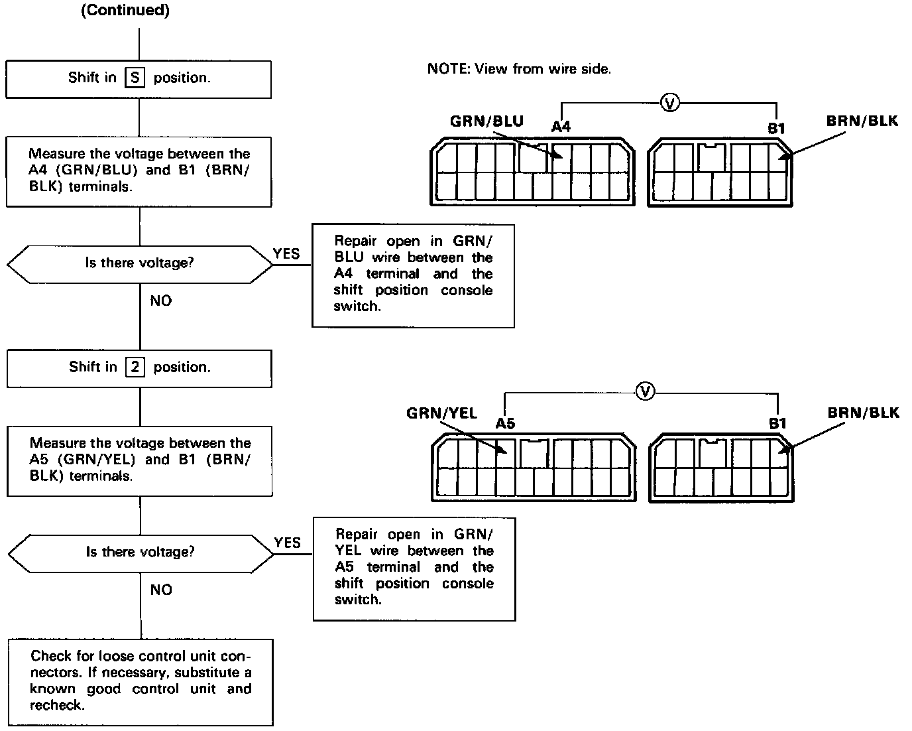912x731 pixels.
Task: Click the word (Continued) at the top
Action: (x=125, y=11)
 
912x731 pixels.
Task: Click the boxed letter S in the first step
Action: (x=135, y=78)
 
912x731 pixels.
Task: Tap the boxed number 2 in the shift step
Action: (x=135, y=367)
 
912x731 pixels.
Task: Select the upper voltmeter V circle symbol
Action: (x=670, y=103)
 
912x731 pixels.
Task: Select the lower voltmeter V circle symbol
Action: (x=644, y=392)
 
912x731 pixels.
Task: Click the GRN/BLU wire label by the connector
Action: (x=486, y=121)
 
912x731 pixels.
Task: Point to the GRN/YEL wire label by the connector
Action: (x=441, y=413)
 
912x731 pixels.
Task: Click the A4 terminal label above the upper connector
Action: (x=561, y=126)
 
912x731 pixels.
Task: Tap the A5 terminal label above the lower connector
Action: (x=505, y=423)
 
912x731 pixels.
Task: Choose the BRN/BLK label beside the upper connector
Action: (x=862, y=121)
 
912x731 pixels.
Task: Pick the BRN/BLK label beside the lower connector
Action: (x=863, y=413)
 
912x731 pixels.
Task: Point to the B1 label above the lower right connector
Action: (x=777, y=423)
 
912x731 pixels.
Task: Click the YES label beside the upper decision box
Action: (x=286, y=253)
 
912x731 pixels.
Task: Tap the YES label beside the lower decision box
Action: (x=287, y=543)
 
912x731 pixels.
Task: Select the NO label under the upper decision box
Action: (x=160, y=301)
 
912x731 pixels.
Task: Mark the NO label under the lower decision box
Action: (x=160, y=590)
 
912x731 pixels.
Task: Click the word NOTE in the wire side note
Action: (x=447, y=68)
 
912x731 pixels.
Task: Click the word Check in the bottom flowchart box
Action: (x=50, y=656)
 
